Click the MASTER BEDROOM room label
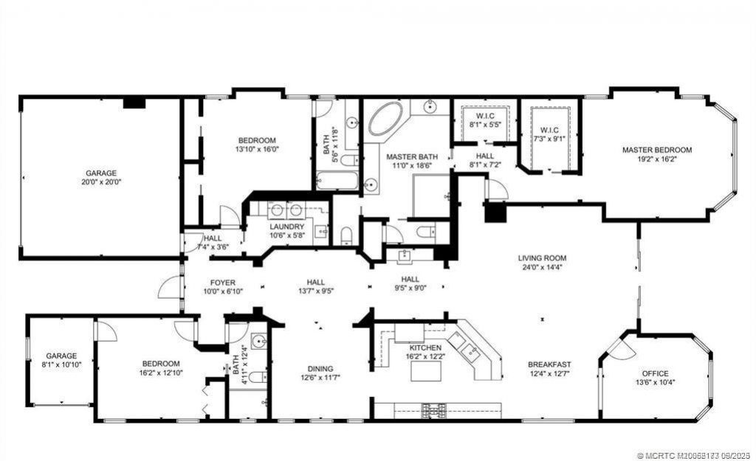[656, 150]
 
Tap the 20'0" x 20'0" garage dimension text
[100, 181]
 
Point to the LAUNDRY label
[286, 226]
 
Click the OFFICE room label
[655, 373]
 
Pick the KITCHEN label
[425, 347]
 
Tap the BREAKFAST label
[549, 364]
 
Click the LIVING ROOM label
[542, 258]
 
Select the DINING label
[320, 369]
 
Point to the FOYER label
[222, 282]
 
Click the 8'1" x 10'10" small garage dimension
[62, 364]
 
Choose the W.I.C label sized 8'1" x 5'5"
[485, 116]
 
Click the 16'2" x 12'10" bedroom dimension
[161, 373]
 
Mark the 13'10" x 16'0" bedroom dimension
[256, 149]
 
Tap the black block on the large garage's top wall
[134, 103]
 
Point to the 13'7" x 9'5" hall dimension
[316, 291]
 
